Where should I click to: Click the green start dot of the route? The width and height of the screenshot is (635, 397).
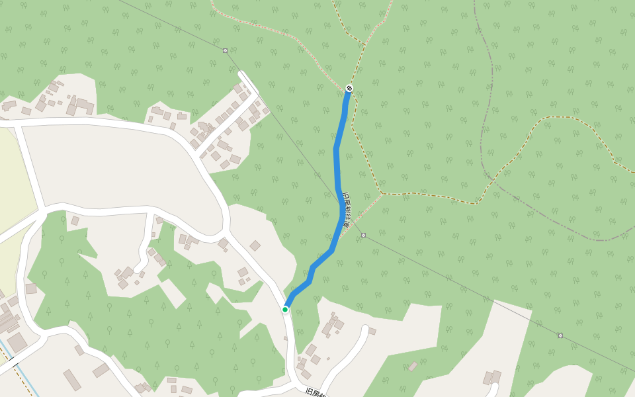coord(285,309)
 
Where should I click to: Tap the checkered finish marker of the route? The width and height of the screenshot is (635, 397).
coord(349,88)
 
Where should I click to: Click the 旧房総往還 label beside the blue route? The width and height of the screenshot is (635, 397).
coord(346,210)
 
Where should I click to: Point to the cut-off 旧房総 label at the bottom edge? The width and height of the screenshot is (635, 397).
coord(317,392)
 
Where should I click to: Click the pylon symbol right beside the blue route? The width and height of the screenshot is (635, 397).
coord(363,235)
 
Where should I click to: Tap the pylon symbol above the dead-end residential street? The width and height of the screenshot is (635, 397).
coord(225,50)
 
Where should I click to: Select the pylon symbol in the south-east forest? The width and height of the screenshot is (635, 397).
coord(560,335)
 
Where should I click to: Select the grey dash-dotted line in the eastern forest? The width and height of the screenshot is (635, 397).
coord(492,132)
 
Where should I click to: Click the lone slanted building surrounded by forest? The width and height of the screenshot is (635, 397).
coord(413,366)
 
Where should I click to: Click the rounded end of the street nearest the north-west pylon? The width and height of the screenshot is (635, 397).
coord(243,74)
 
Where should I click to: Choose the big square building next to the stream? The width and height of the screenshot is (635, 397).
coord(17,341)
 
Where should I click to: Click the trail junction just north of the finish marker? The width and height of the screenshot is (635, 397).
coord(363,44)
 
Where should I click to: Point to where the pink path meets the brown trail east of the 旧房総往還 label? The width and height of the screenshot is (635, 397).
coord(382,194)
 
